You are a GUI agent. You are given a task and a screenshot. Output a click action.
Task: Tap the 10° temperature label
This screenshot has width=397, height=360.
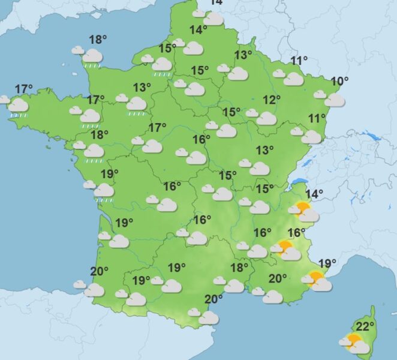tap(339, 81)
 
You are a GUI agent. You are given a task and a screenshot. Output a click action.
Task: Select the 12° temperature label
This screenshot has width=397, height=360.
tap(272, 100)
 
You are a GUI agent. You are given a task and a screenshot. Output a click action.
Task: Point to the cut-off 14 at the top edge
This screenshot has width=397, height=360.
tap(215, 2)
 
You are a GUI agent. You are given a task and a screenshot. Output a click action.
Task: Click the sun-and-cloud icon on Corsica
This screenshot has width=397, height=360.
tap(353, 344)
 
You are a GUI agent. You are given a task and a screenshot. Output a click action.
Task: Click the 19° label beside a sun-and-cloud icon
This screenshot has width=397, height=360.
tap(327, 263)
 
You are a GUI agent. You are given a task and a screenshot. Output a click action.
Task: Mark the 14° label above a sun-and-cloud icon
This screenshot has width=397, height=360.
tap(314, 193)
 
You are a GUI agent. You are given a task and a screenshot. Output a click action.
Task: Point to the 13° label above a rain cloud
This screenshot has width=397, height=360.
tap(142, 88)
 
